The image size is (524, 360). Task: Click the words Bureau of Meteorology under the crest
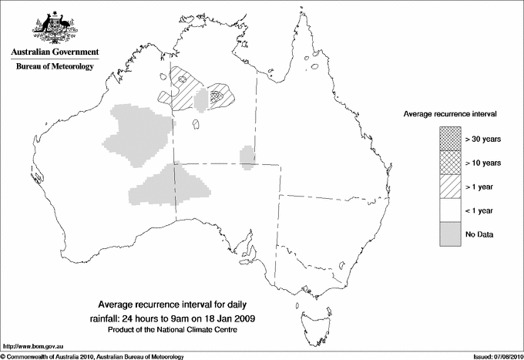pyautogui.click(x=55, y=67)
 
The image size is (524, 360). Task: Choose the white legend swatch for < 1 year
pyautogui.click(x=448, y=209)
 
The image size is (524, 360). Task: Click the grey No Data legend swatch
pyautogui.click(x=448, y=233)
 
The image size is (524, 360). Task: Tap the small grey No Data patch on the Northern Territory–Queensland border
pyautogui.click(x=247, y=156)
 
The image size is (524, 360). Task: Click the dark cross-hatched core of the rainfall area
pyautogui.click(x=218, y=96)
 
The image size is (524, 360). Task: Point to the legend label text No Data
pyautogui.click(x=479, y=233)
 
